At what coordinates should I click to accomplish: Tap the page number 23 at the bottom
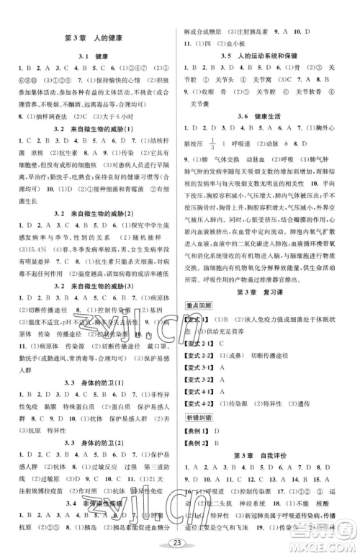pyautogui.click(x=178, y=545)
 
